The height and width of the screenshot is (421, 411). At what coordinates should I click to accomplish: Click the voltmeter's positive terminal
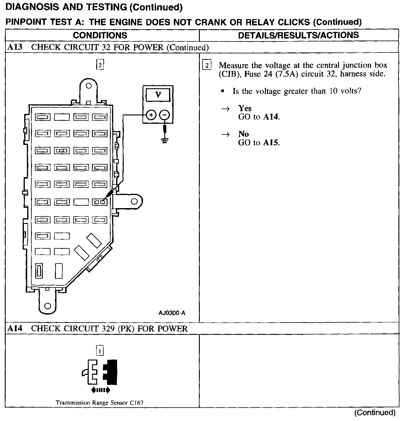(x=151, y=115)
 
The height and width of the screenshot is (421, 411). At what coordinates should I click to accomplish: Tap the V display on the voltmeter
(x=158, y=95)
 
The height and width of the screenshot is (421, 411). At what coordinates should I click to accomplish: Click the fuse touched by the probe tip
(x=100, y=202)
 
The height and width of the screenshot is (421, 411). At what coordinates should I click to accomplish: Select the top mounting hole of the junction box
(x=88, y=86)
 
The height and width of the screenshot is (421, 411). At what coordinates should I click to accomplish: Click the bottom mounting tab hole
(x=47, y=306)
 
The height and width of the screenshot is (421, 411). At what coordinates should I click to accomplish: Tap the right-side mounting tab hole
(x=134, y=201)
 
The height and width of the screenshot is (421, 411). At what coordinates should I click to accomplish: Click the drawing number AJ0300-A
(x=172, y=313)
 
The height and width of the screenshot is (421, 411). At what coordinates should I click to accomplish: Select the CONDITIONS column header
(x=100, y=35)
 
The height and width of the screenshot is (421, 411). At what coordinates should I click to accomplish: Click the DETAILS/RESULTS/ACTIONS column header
(x=298, y=35)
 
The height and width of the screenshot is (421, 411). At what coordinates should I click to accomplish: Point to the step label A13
(x=15, y=47)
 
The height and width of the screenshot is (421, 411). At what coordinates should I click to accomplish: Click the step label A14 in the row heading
(x=15, y=328)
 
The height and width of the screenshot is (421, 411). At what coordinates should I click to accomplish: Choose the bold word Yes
(x=245, y=108)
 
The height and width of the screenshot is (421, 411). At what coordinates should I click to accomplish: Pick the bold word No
(x=243, y=134)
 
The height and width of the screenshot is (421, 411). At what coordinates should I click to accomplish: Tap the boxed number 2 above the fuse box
(x=100, y=65)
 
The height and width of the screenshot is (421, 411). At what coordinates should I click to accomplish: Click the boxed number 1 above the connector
(x=100, y=351)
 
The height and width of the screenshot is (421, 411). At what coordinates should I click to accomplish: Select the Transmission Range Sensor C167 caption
(x=99, y=403)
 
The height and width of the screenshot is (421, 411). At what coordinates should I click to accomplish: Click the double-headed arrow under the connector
(x=100, y=390)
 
